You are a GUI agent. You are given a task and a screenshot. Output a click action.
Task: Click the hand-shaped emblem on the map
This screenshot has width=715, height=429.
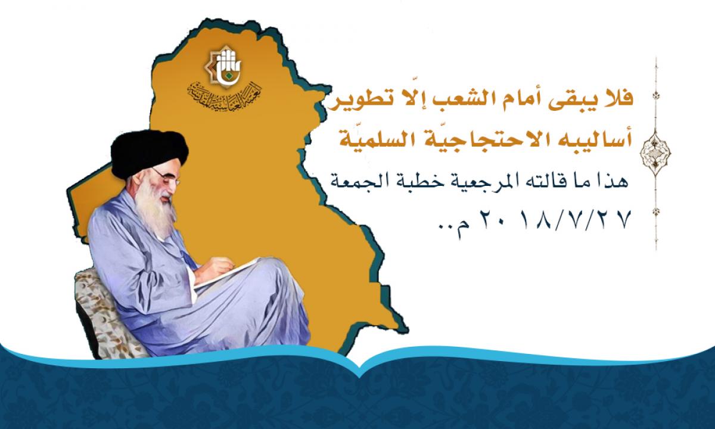point(223,66)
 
